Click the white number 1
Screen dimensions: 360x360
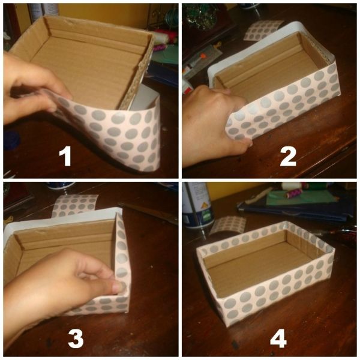click(65, 157)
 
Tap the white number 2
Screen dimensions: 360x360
click(288, 157)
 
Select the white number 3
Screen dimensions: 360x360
click(76, 338)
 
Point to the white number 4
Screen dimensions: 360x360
click(278, 338)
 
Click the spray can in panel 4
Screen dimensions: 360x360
click(197, 205)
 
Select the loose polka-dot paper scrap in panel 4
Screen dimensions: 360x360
click(227, 225)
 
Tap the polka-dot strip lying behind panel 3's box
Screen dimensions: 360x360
click(74, 205)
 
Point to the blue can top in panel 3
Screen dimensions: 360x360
click(60, 185)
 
